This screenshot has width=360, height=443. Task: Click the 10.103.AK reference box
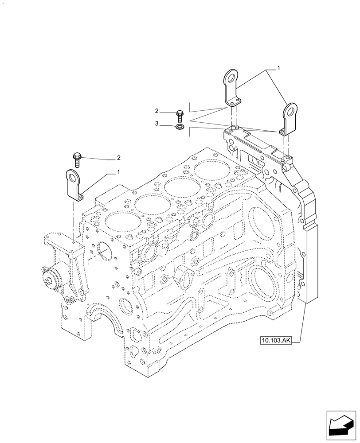coord(276,340)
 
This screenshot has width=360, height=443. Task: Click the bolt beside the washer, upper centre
coord(180,116)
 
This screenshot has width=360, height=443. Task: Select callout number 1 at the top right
coord(278,68)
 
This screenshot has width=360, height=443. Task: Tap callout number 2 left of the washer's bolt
coord(157,110)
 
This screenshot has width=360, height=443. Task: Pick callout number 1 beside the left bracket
coord(118,171)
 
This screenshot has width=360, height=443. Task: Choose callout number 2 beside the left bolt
coord(118,158)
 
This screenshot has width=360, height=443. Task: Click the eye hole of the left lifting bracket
coord(72,177)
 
